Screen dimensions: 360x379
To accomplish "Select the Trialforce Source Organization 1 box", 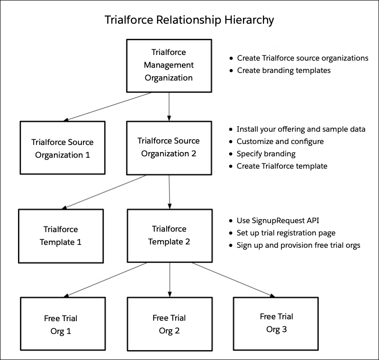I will tap(63, 148).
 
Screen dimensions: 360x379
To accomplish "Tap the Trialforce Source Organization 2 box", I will tap(169, 148).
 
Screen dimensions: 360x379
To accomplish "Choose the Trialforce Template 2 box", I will tap(169, 235).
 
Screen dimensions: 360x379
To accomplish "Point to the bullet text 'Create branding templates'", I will tap(283, 71).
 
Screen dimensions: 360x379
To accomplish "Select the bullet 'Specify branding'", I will tap(266, 154).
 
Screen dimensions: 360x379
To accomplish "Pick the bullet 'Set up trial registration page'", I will tap(286, 233).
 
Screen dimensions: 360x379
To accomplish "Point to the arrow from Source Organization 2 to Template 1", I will tap(105, 191).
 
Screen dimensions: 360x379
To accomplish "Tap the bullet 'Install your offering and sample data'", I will tap(301, 129).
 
